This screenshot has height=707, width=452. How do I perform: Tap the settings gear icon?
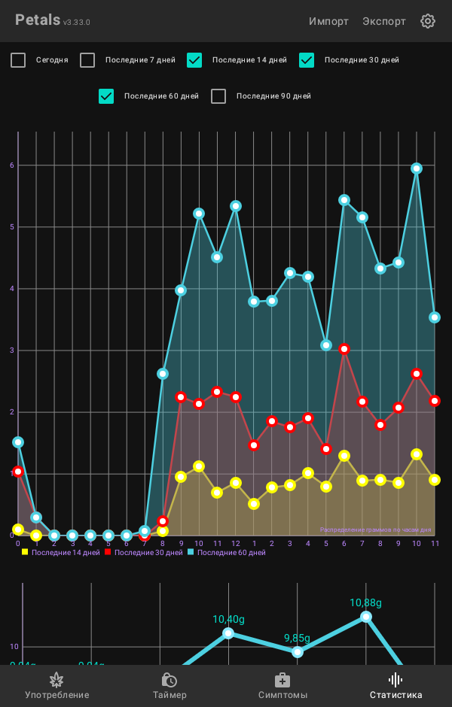click(x=428, y=21)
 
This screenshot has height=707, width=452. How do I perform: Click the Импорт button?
click(x=328, y=21)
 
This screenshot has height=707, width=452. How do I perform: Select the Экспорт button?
click(x=384, y=21)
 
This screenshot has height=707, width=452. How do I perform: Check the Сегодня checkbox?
click(x=18, y=60)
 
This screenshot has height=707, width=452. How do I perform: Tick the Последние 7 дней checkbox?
click(x=88, y=60)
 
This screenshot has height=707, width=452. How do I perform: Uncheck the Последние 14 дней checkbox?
click(x=194, y=60)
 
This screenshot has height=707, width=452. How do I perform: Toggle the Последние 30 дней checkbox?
click(x=307, y=60)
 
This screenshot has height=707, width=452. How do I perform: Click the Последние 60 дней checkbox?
click(x=106, y=96)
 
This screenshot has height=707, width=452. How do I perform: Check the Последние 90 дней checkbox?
click(x=218, y=96)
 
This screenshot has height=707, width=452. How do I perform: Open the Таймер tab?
click(x=169, y=686)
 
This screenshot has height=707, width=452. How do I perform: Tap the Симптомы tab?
click(x=282, y=686)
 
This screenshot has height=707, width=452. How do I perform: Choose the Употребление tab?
click(x=56, y=686)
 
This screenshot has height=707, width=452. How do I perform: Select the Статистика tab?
click(x=395, y=686)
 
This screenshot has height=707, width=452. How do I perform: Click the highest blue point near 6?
click(x=417, y=168)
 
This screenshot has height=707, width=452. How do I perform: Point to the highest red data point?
click(x=344, y=349)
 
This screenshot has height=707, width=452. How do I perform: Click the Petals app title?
click(x=38, y=20)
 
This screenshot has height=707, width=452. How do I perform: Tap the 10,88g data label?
click(x=365, y=602)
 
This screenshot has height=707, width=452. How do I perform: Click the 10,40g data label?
click(x=228, y=619)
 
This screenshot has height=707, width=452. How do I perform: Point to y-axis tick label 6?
click(x=11, y=165)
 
